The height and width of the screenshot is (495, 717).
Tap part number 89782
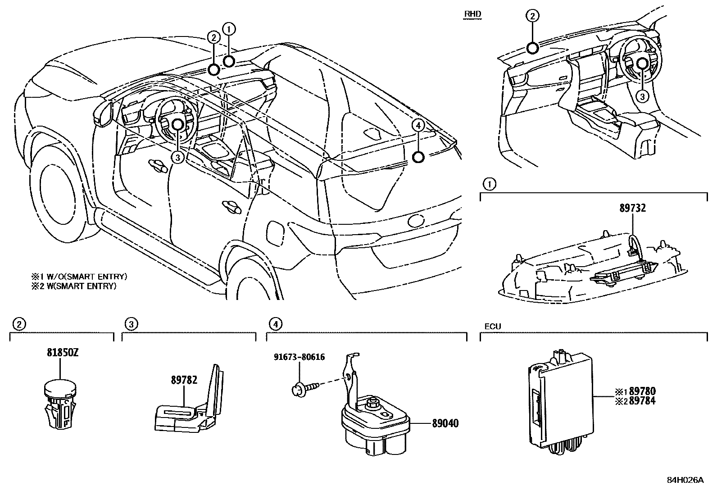coord(184,380)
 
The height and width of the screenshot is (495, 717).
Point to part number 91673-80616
coord(300,357)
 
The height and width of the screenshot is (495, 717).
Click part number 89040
coord(445,423)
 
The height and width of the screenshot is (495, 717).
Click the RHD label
coord(472,14)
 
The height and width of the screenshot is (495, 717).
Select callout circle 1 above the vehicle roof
coord(229,29)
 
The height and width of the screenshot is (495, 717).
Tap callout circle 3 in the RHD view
coord(643,96)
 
